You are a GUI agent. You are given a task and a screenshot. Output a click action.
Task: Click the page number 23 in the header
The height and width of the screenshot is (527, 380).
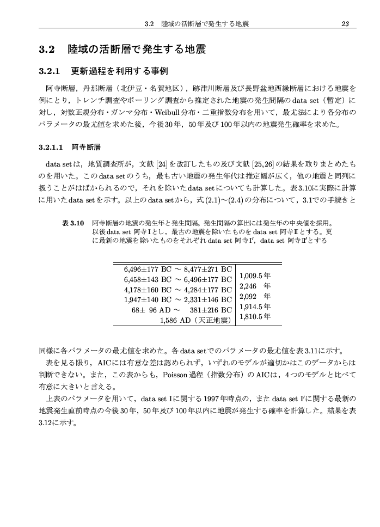345,23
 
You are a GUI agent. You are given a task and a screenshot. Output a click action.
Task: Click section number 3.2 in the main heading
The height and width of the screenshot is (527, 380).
48,50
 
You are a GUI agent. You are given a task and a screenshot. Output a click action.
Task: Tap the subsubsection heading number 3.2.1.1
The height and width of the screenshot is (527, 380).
52,148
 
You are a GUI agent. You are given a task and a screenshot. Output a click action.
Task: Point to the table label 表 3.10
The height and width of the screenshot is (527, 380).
73,223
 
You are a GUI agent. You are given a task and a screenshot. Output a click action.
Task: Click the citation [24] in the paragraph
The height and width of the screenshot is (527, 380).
162,163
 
